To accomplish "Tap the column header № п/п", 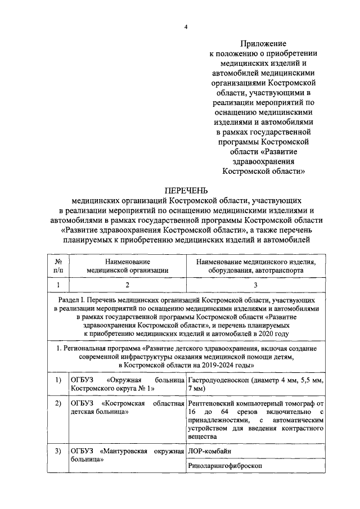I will (x=58, y=266).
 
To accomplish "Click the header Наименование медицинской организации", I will (x=128, y=266).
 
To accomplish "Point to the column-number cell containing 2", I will (x=128, y=285).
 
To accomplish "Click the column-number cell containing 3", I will (x=255, y=285).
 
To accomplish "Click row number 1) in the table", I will (x=58, y=381).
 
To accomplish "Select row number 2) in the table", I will (x=58, y=404).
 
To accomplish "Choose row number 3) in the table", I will (x=58, y=452).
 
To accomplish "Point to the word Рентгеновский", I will (x=215, y=404).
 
